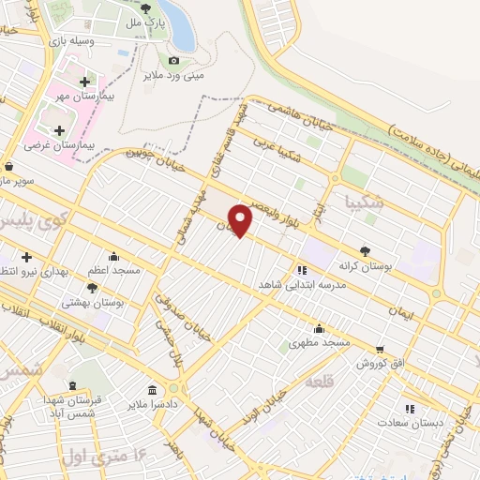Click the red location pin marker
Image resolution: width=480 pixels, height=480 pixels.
(241, 220)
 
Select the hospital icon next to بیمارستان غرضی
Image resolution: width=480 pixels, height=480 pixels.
(60, 130)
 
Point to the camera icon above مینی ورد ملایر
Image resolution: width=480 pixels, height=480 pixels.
(173, 60)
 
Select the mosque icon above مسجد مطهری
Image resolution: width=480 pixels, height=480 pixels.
(320, 328)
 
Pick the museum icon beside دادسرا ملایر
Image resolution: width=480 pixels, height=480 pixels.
(152, 389)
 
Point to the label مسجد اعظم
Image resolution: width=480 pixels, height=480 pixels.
(114, 270)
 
